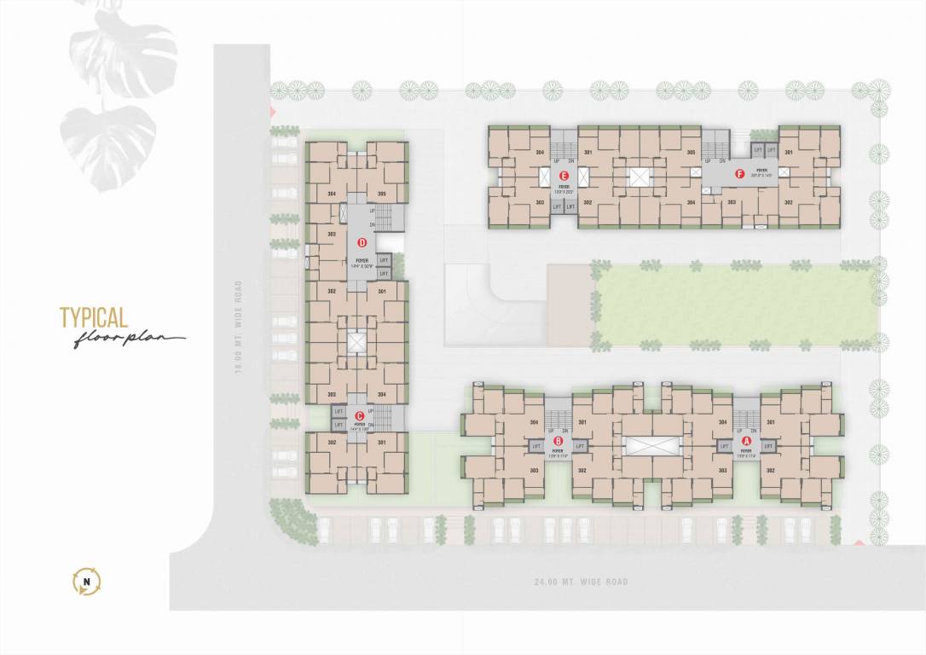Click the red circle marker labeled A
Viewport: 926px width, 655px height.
coord(747,441)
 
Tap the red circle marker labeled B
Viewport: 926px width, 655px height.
coord(558,441)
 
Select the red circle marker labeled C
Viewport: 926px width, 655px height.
coord(360,416)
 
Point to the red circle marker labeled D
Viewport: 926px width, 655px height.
coord(362,242)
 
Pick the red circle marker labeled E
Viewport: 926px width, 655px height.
coord(564,175)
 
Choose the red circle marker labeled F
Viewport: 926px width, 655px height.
coord(739,175)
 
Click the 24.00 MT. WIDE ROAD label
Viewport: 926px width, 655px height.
coord(580,582)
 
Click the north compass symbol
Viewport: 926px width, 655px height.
coord(87,583)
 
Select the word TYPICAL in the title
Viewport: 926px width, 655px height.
coord(94,318)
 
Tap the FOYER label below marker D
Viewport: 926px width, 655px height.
coord(362,262)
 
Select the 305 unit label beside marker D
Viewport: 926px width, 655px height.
coord(382,194)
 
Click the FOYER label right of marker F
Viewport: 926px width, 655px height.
coord(761,171)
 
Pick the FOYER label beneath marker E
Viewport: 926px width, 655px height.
coord(564,186)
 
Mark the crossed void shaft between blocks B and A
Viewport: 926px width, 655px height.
coord(652,445)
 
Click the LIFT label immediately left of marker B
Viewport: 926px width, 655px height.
coord(536,445)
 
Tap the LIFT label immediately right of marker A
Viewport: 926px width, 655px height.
coord(767,445)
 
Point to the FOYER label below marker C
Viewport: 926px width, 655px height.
coord(360,424)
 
